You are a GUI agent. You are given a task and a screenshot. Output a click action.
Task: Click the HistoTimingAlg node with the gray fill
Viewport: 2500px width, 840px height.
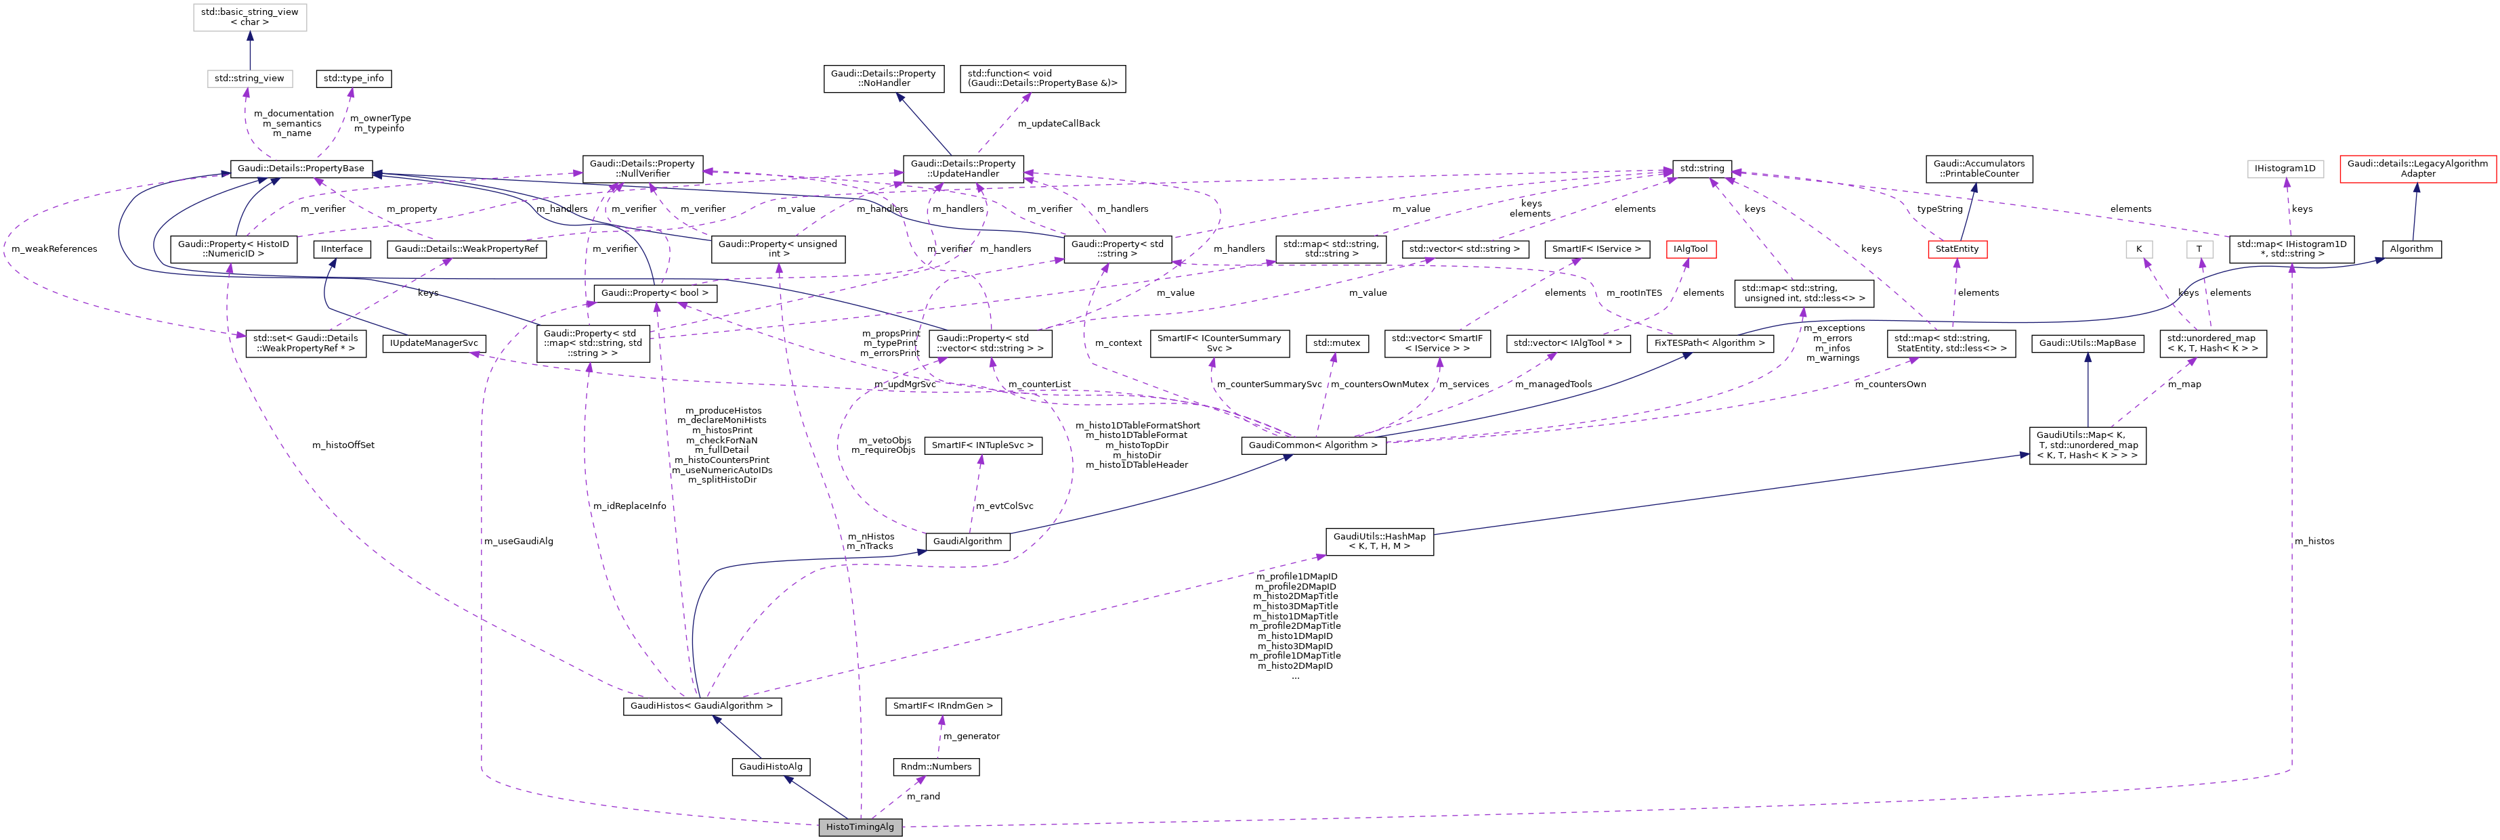[860, 826]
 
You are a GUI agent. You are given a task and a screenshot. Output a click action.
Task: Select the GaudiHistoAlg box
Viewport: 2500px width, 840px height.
[771, 766]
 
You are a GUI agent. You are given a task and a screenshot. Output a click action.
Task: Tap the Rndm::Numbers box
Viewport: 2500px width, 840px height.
[935, 766]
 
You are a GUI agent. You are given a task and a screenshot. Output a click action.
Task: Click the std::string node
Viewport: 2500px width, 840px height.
[1701, 168]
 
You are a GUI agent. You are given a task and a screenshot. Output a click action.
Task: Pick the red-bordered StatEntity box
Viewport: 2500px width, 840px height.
[1957, 249]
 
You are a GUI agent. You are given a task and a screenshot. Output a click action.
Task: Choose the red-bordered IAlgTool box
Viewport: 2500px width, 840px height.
[1690, 249]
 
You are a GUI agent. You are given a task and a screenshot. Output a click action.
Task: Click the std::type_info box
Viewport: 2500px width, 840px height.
[354, 79]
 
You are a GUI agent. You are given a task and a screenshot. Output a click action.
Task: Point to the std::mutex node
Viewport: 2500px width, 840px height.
[1336, 342]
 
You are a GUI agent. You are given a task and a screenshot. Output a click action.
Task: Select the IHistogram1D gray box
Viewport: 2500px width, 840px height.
[2285, 168]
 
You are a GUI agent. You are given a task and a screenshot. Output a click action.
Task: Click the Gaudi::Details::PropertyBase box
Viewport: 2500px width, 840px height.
[301, 168]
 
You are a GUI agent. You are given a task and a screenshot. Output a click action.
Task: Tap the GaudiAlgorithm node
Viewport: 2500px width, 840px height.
[967, 541]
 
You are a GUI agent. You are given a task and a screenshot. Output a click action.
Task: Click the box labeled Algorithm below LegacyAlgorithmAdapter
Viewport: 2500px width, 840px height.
[2411, 249]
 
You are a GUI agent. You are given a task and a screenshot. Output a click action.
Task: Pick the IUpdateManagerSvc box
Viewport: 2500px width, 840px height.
[433, 342]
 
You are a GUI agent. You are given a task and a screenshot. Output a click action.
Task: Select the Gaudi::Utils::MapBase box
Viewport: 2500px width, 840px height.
[2088, 342]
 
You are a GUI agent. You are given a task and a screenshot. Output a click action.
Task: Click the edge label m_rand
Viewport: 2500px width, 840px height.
[923, 797]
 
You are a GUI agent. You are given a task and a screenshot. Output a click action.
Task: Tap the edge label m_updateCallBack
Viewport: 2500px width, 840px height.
[1058, 123]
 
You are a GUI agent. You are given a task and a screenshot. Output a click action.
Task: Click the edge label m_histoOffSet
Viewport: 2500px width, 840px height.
[343, 445]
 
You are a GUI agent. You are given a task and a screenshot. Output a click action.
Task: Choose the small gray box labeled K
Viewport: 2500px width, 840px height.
[2138, 249]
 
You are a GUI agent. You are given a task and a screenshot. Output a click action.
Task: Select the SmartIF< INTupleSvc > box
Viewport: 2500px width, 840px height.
[982, 445]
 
